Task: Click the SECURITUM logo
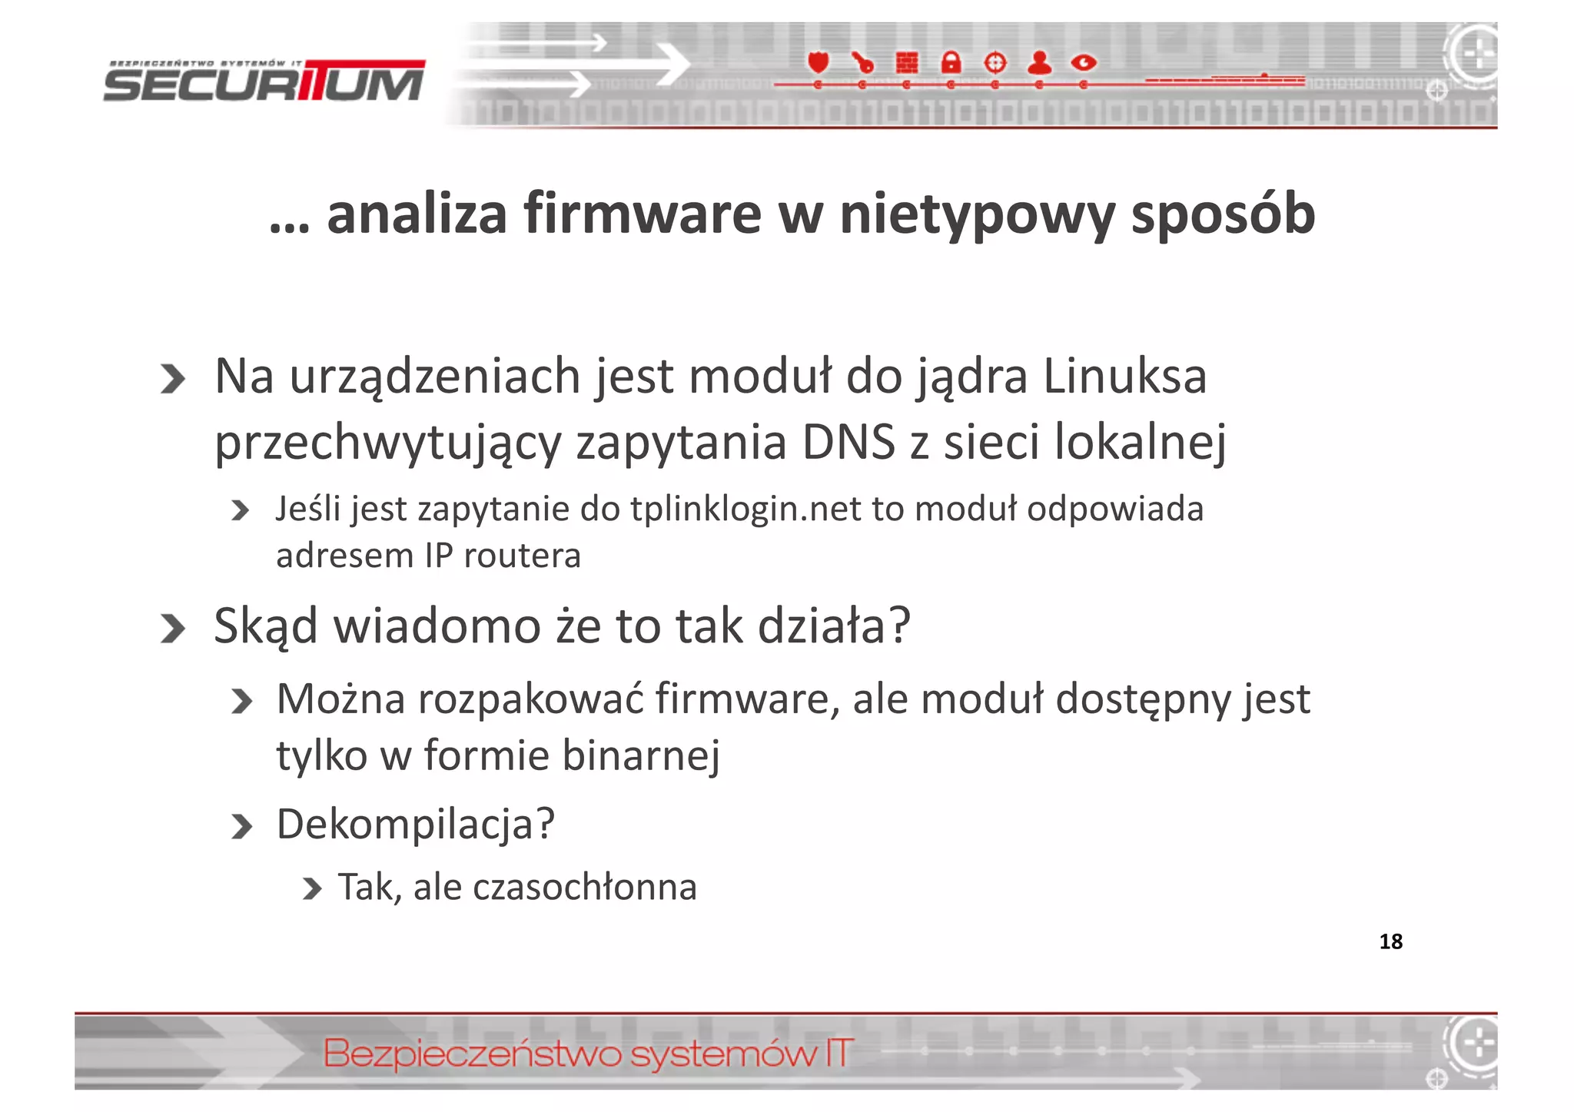(x=264, y=81)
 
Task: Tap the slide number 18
(x=1390, y=941)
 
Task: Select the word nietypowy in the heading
(x=976, y=215)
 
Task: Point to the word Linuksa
(x=1124, y=377)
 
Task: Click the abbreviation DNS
(x=848, y=443)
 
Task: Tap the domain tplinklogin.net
(x=745, y=509)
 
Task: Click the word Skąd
(x=265, y=626)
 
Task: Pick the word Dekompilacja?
(x=415, y=825)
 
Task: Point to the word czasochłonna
(x=584, y=888)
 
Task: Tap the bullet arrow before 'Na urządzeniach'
(x=173, y=379)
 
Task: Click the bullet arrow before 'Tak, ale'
(x=311, y=889)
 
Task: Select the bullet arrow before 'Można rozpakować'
(x=241, y=701)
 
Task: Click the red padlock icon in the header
(x=951, y=62)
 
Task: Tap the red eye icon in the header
(x=1084, y=62)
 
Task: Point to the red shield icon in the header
(x=819, y=62)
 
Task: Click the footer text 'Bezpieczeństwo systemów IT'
(x=588, y=1054)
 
